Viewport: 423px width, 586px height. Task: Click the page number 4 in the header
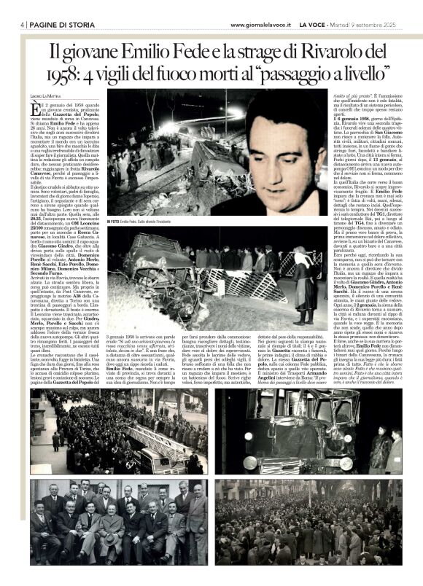22,23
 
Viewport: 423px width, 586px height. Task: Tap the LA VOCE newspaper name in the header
314,24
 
